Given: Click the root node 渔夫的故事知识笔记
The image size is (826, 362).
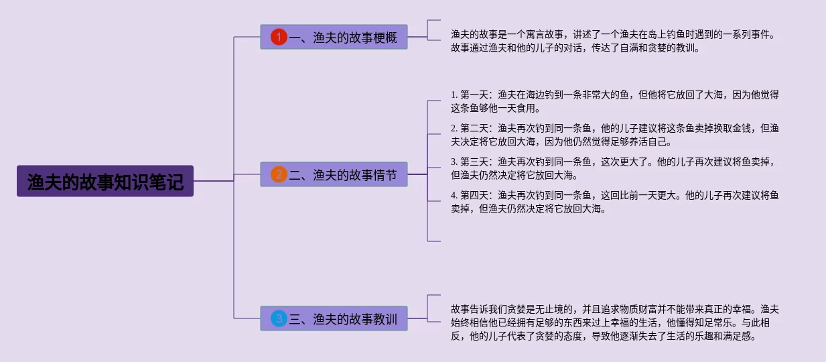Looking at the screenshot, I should pyautogui.click(x=105, y=181).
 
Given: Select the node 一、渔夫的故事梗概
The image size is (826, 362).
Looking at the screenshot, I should pyautogui.click(x=334, y=38).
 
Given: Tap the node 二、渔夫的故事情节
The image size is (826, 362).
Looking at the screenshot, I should pyautogui.click(x=334, y=175).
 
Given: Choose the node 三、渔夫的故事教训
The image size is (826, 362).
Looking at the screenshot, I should pyautogui.click(x=334, y=318).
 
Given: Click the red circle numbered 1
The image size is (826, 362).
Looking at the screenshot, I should pyautogui.click(x=279, y=38).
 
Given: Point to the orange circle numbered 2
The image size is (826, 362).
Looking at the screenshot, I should pyautogui.click(x=279, y=175).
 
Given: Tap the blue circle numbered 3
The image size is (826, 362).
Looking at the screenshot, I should pyautogui.click(x=279, y=318).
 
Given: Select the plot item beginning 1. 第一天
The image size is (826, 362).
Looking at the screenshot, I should pyautogui.click(x=615, y=101).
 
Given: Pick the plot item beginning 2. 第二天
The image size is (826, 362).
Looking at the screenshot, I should pyautogui.click(x=615, y=135).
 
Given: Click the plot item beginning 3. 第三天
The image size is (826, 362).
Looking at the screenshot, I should pyautogui.click(x=615, y=168).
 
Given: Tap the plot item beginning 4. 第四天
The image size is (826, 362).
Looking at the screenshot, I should pyautogui.click(x=615, y=202).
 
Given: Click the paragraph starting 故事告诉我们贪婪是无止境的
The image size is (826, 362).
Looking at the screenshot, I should pyautogui.click(x=615, y=322).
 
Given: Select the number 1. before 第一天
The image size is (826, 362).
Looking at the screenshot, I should pyautogui.click(x=454, y=95).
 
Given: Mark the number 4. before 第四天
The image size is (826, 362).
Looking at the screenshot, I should pyautogui.click(x=454, y=195).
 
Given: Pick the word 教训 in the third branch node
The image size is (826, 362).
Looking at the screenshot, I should pyautogui.click(x=385, y=318).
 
